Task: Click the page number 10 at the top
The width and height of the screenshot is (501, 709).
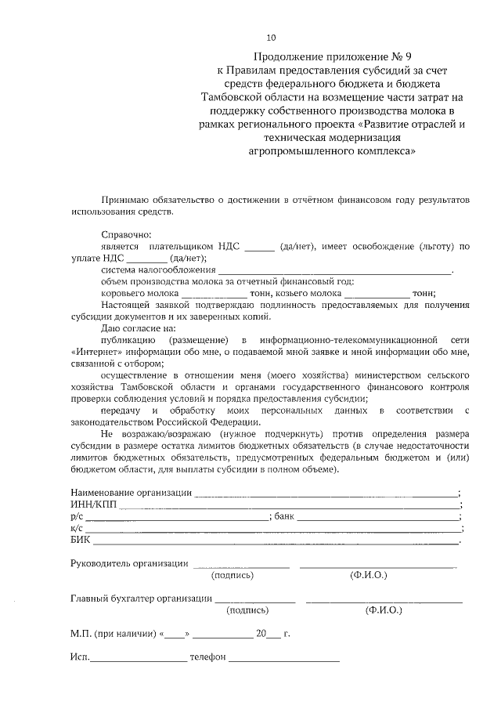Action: pyautogui.click(x=272, y=37)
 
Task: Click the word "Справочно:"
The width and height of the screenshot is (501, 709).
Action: pyautogui.click(x=127, y=234)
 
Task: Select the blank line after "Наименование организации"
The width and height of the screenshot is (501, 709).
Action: pyautogui.click(x=326, y=494)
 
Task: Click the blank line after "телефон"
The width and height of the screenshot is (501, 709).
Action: pyautogui.click(x=284, y=658)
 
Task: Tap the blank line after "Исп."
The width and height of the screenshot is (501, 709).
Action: pyautogui.click(x=139, y=658)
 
